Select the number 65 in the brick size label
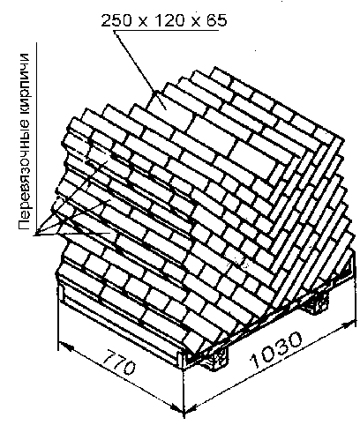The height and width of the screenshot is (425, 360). tap(216, 20)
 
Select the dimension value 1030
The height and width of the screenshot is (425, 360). tap(276, 350)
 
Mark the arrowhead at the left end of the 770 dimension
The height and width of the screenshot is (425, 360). tap(66, 346)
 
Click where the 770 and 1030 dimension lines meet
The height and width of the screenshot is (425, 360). tap(184, 412)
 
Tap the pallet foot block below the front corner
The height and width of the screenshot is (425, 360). tap(218, 356)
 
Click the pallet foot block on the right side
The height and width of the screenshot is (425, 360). tap(319, 303)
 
